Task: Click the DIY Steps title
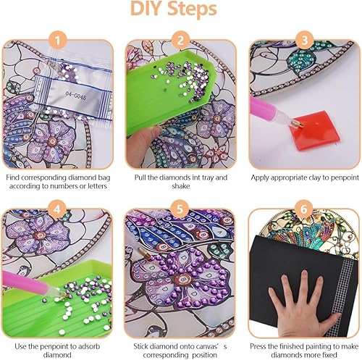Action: (174, 9)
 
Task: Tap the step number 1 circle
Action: (57, 40)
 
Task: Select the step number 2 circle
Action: (180, 40)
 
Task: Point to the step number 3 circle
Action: (304, 40)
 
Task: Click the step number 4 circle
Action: (57, 209)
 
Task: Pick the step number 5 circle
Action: (180, 209)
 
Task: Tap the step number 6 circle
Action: (304, 209)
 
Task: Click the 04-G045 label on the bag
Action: (75, 96)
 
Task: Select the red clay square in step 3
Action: (313, 130)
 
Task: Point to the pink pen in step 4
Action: (29, 284)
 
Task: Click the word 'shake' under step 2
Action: (181, 186)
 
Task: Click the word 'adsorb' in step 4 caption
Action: (88, 346)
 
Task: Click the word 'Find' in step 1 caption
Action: (12, 177)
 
